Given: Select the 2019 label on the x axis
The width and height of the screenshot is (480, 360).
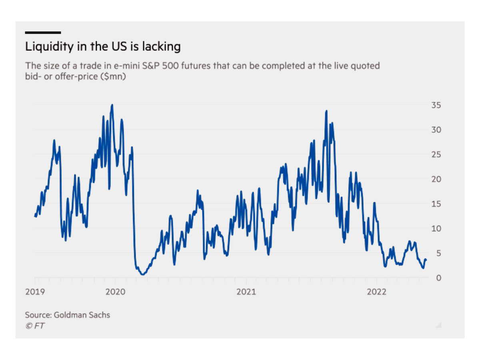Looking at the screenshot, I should click(x=35, y=292).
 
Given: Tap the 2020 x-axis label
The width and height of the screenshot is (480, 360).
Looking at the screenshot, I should click(x=115, y=292).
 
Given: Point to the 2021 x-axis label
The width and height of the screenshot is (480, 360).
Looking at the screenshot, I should click(x=246, y=292).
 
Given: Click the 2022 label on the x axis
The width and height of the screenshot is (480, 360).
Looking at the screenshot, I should click(x=376, y=292).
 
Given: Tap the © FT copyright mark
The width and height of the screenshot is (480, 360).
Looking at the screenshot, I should click(x=35, y=326).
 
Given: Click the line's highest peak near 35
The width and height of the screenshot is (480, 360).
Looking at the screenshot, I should click(x=112, y=105).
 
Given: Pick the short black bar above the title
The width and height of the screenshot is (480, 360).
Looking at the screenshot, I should click(x=43, y=32).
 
